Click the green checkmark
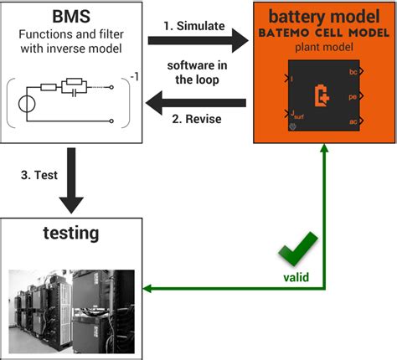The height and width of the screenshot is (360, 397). coord(300,249)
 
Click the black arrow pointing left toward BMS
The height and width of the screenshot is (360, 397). coord(193,102)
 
